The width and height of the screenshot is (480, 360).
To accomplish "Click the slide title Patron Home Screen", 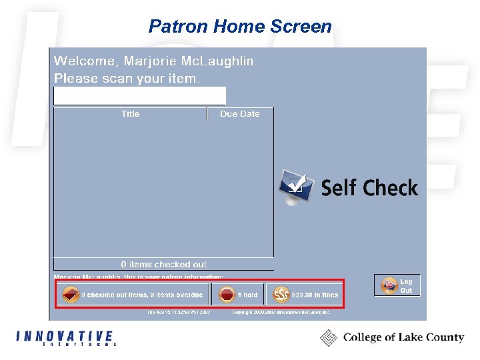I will coord(240,27).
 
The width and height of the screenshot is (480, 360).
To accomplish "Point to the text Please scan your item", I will coord(126,79).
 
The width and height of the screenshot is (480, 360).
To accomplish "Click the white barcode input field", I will coord(139,96).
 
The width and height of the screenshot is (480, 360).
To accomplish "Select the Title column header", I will coord(131,114).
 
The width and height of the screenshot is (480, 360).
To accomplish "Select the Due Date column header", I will coord(239,114).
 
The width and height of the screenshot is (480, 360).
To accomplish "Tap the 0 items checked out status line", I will coord(163,265).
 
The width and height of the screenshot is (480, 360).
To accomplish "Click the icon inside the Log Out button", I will coord(388,286).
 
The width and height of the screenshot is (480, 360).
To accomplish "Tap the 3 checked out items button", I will coord(133,295).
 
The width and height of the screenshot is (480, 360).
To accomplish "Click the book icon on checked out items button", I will coord(70,295).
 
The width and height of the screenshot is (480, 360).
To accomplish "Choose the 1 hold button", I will coord(238,295).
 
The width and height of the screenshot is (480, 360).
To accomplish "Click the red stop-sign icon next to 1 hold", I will coord(227,295).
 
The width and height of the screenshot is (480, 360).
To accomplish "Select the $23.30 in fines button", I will coord(305,295).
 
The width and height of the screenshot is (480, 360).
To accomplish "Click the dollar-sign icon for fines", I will coord(281,295).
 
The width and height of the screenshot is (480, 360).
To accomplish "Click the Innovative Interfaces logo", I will coord(65,338).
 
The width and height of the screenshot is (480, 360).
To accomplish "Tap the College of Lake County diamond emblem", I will coord(329,338).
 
